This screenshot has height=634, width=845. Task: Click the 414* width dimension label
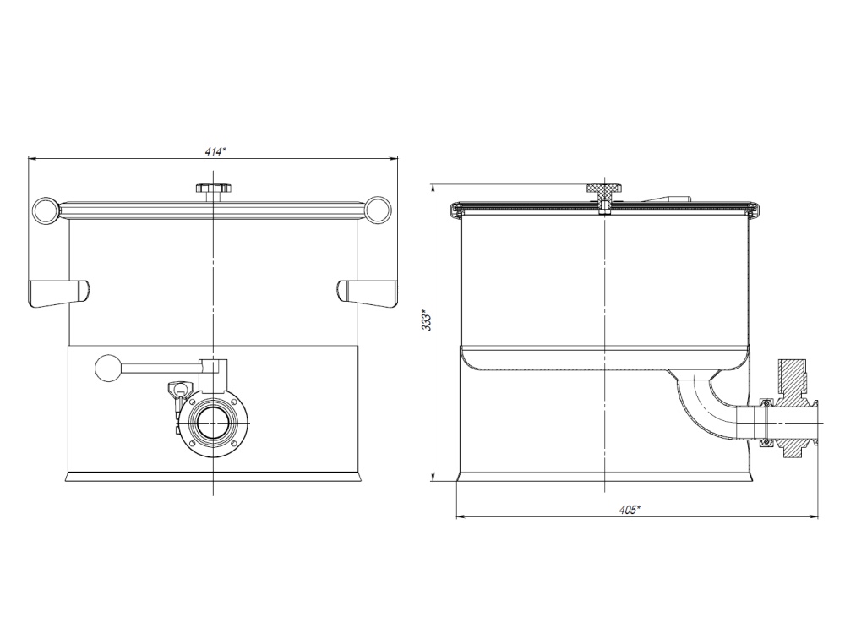point(215,152)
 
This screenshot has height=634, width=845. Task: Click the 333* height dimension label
point(426,320)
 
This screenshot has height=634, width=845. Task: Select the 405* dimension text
point(629,510)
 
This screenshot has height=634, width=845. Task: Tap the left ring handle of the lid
point(45,210)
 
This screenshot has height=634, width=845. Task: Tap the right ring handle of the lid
point(379,210)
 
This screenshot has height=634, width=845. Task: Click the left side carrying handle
point(59,292)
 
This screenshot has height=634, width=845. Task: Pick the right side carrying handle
point(367,292)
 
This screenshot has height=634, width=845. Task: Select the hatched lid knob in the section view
point(603,191)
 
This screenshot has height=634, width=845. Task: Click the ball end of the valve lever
point(109,369)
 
